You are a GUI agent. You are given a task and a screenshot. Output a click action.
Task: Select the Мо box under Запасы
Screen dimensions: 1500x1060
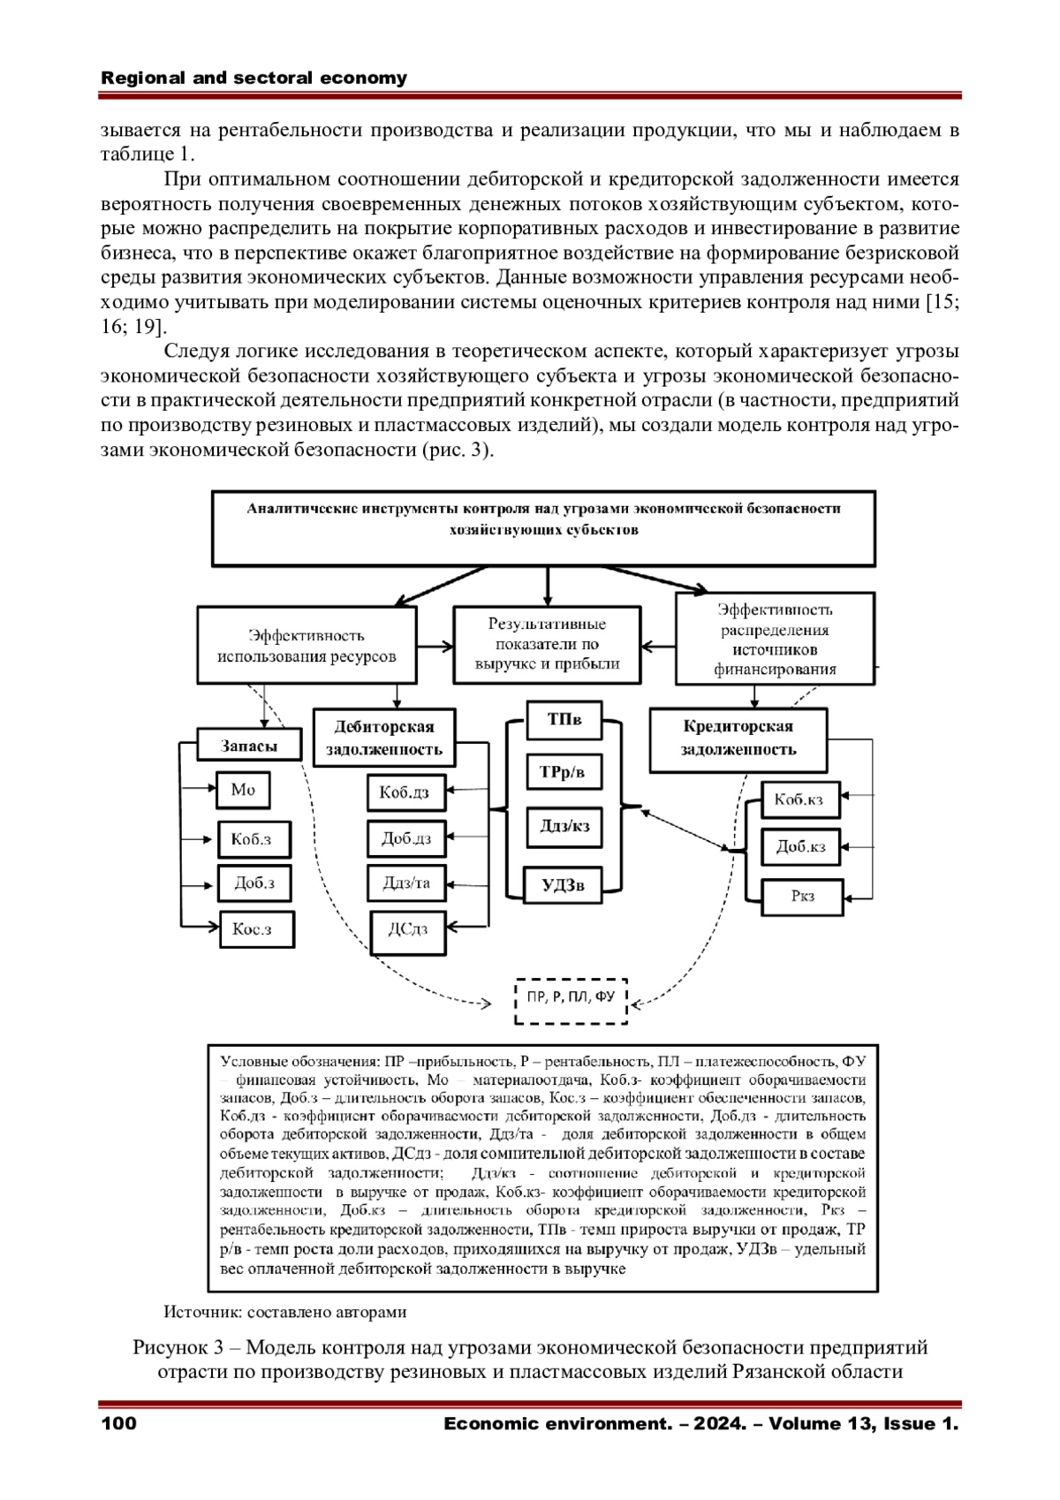[243, 790]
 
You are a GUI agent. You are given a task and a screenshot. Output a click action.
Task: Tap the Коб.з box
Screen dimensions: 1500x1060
[254, 839]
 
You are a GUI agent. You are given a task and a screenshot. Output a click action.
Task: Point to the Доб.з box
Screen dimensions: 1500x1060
[254, 883]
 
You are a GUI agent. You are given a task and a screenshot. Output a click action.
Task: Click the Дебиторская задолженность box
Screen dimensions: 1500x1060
[384, 738]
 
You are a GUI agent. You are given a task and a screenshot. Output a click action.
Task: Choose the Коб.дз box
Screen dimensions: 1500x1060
[405, 792]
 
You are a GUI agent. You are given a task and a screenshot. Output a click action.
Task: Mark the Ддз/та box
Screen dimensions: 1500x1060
[407, 883]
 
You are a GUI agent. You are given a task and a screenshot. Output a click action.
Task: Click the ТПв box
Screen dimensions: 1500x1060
[564, 720]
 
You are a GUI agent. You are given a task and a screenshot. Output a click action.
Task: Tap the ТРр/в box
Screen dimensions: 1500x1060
[563, 772]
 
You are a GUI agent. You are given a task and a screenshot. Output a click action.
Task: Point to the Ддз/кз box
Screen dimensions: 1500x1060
[564, 827]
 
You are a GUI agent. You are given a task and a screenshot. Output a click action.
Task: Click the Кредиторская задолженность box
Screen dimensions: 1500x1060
[738, 739]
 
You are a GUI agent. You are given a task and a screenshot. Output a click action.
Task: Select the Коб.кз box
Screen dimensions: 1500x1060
[800, 800]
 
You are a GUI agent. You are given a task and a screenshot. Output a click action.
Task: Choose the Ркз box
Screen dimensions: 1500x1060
[802, 897]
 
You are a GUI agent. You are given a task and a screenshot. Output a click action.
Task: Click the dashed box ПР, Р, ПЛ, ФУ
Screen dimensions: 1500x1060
[571, 999]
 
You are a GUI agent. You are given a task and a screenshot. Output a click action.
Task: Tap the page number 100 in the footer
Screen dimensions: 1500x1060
[119, 1424]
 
